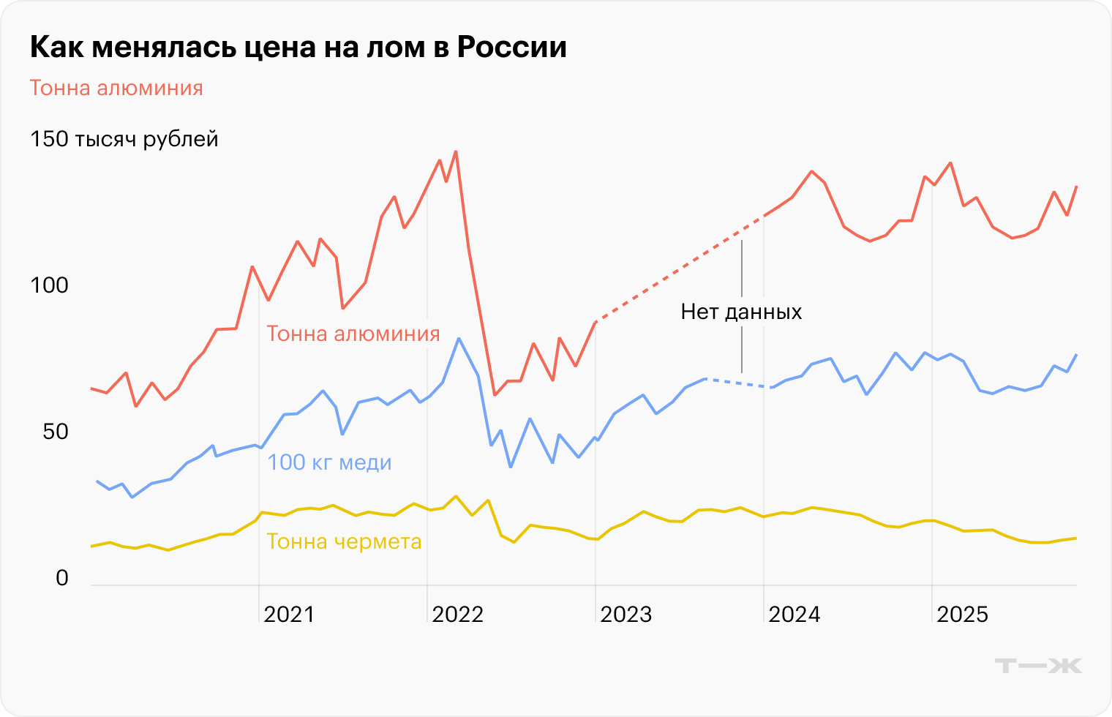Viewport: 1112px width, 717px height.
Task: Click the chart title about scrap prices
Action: click(x=298, y=48)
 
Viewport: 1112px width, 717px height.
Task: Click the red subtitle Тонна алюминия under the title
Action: click(x=116, y=89)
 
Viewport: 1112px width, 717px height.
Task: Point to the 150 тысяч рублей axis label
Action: click(x=124, y=139)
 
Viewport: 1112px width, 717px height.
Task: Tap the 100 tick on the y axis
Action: click(x=49, y=285)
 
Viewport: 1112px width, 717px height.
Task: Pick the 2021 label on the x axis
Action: click(x=289, y=615)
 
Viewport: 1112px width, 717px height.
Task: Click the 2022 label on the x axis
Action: click(x=457, y=615)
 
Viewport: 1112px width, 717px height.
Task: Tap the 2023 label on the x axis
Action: click(x=625, y=615)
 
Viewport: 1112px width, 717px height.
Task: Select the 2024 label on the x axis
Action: click(x=794, y=615)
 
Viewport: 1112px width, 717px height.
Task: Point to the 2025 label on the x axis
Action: click(x=962, y=615)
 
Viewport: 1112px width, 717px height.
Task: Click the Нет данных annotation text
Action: click(x=741, y=312)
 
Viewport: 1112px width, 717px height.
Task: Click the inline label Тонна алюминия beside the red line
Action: click(x=353, y=334)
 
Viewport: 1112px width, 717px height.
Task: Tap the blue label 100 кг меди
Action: click(x=329, y=462)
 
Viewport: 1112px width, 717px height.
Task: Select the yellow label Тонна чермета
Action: click(x=344, y=541)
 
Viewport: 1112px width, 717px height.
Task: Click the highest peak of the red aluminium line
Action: click(x=456, y=152)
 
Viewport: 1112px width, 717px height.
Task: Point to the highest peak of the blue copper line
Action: click(x=459, y=339)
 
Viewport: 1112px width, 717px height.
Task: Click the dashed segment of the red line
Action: click(x=680, y=269)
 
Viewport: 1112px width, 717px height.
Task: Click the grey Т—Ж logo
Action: click(x=1038, y=665)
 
